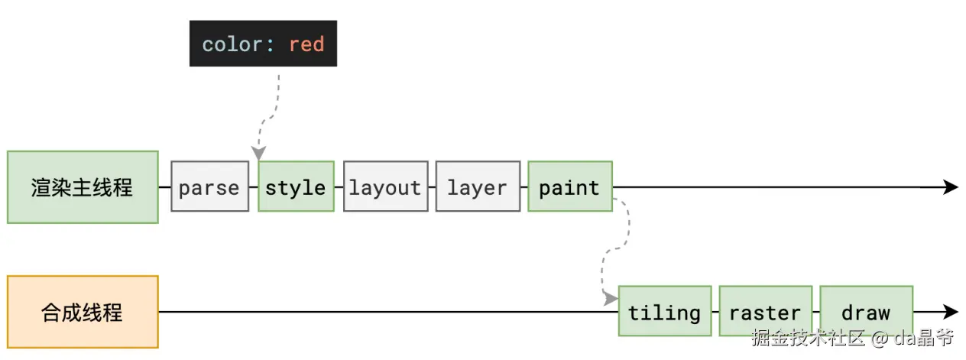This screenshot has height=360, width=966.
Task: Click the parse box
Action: pyautogui.click(x=209, y=186)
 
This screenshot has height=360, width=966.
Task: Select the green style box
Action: pyautogui.click(x=296, y=186)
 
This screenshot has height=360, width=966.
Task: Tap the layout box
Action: pyautogui.click(x=385, y=186)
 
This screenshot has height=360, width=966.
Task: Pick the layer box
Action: pyautogui.click(x=478, y=186)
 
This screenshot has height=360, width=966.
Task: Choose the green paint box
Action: pyautogui.click(x=570, y=186)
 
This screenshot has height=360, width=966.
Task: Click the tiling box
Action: pyautogui.click(x=665, y=311)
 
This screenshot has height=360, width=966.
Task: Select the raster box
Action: pyautogui.click(x=766, y=311)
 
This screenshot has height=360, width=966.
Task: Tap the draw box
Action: pyautogui.click(x=867, y=311)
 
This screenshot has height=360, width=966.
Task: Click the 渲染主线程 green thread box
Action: pyautogui.click(x=83, y=187)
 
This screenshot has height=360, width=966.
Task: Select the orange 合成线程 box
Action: pyautogui.click(x=83, y=312)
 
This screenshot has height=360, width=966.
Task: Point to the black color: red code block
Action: pyautogui.click(x=263, y=43)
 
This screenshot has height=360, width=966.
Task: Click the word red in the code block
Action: pyautogui.click(x=306, y=44)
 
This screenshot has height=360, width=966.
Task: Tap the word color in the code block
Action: pyautogui.click(x=232, y=44)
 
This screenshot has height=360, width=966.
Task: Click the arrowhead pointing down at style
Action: pyautogui.click(x=258, y=153)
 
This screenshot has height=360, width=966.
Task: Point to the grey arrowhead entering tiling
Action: pyautogui.click(x=611, y=298)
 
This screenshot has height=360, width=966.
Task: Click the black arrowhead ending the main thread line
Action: pyautogui.click(x=951, y=187)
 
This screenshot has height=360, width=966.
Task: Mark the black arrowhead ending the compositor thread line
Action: pyautogui.click(x=951, y=312)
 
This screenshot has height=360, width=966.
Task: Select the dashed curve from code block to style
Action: pyautogui.click(x=271, y=116)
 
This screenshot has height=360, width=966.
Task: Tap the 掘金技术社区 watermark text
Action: pyautogui.click(x=808, y=337)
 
